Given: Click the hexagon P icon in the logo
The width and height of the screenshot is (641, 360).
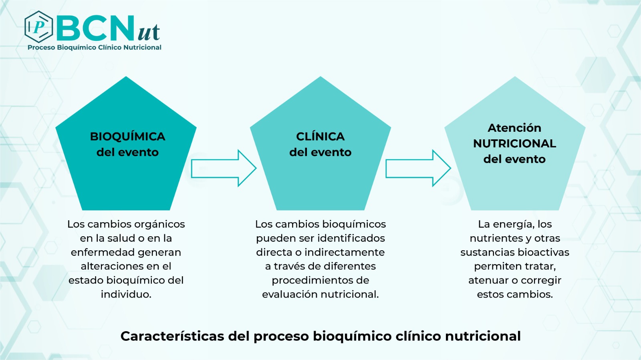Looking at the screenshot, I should (x=38, y=27).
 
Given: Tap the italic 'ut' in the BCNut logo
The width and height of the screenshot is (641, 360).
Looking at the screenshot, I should (x=149, y=31).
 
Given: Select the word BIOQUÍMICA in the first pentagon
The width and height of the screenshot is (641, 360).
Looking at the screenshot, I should (x=127, y=137).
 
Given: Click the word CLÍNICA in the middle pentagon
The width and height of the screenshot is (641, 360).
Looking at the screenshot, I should (x=320, y=137).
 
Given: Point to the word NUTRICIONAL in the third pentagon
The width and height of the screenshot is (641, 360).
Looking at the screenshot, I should (x=514, y=143).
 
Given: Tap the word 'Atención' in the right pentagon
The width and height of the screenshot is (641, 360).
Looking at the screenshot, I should (x=514, y=128).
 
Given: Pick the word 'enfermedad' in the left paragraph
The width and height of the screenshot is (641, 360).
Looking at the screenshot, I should (x=97, y=252).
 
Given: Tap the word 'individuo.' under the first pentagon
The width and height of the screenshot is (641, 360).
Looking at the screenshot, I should (x=126, y=294).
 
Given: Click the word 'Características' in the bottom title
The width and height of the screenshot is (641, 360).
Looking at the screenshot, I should (x=172, y=336).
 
